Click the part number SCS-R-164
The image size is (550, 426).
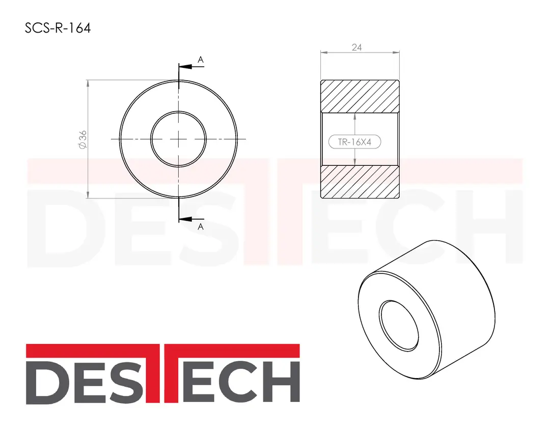(x=58, y=28)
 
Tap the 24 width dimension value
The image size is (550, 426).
(x=356, y=47)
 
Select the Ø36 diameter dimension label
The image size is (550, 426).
(x=83, y=139)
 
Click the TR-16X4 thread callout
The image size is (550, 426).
(x=354, y=142)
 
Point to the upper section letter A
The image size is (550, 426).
(x=201, y=60)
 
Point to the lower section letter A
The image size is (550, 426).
(x=201, y=227)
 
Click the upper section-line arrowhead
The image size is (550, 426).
(x=185, y=66)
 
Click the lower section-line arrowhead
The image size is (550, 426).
(x=185, y=219)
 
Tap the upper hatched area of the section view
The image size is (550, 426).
(x=360, y=96)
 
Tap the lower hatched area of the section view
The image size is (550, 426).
(x=360, y=182)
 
